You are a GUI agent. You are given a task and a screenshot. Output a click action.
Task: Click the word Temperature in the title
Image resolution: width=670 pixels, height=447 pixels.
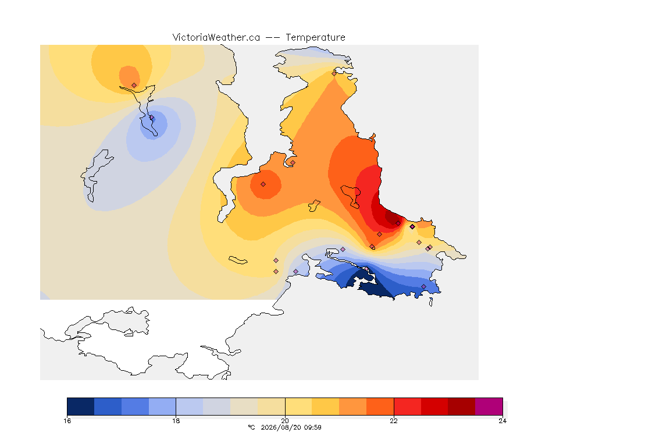tap(315, 38)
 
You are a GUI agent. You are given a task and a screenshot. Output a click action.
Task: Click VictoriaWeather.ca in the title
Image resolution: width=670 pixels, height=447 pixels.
tap(216, 38)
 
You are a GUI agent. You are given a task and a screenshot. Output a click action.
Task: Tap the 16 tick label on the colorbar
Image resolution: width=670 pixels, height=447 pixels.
tap(67, 421)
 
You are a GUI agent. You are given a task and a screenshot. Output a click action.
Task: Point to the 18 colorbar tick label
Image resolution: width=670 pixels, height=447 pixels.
tap(176, 421)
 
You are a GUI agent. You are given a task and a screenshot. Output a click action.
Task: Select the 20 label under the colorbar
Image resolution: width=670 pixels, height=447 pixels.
tap(285, 421)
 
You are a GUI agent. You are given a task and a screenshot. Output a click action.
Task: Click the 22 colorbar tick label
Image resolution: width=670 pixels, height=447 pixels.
tap(394, 421)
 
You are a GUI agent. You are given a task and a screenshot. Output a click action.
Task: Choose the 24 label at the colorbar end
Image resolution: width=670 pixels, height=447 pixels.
tap(502, 421)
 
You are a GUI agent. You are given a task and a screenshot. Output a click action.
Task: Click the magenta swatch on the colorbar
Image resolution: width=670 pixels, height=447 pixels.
tap(489, 406)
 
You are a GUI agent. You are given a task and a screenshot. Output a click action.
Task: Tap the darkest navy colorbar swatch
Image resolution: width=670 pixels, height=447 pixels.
tap(81, 406)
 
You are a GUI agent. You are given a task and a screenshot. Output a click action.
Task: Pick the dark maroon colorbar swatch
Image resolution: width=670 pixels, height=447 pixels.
tap(461, 406)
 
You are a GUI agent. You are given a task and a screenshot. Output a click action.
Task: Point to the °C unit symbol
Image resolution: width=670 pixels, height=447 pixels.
tap(251, 427)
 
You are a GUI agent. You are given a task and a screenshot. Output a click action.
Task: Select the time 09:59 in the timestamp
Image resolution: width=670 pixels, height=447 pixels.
tap(313, 427)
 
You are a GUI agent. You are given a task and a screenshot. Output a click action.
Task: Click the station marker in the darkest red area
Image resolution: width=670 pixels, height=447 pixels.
tap(398, 223)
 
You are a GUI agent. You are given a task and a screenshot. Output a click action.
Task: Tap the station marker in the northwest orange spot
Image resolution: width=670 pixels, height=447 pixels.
tap(134, 86)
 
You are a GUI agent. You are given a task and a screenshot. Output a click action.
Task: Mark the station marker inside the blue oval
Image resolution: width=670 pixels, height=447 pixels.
tap(152, 118)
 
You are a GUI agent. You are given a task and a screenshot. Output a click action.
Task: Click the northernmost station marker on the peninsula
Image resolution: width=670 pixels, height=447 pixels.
tap(334, 73)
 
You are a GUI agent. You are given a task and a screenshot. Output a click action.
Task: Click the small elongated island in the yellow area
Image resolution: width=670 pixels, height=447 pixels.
tap(238, 260)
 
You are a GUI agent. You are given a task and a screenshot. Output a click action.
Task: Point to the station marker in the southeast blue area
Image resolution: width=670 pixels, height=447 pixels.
tap(423, 286)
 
